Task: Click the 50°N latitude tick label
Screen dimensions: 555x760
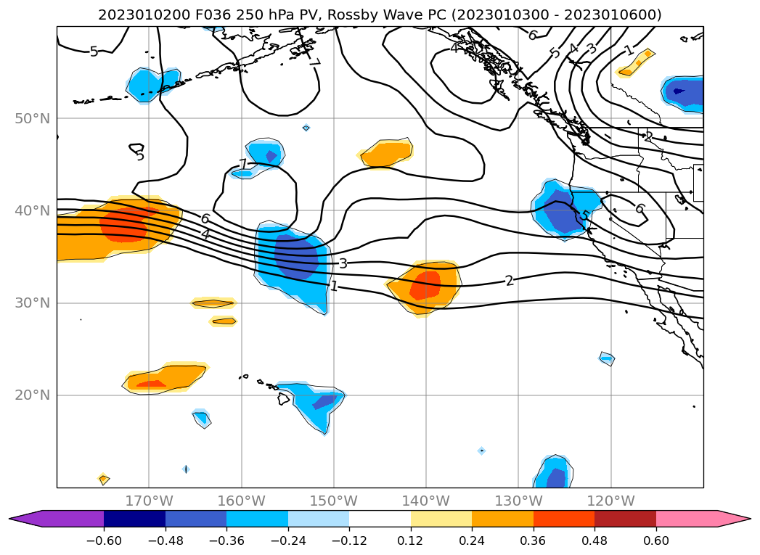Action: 33,118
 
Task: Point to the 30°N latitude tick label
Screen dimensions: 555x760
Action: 33,303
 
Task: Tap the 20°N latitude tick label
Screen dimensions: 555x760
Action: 33,395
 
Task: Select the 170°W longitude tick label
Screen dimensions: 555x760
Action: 149,501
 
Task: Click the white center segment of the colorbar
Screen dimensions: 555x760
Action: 380,519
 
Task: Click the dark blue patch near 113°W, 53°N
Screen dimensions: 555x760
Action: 679,91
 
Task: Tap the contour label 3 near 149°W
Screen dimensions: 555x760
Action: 343,263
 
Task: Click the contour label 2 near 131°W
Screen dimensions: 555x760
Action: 510,281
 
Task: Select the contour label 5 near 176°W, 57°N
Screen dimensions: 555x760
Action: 94,52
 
